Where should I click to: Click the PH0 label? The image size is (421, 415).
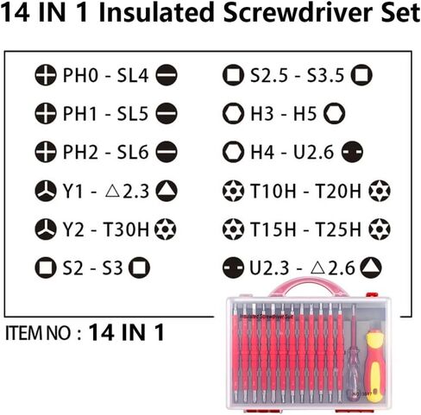(x=80, y=75)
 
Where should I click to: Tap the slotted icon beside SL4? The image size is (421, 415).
(x=167, y=75)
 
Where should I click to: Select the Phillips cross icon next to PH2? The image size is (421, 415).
(x=46, y=152)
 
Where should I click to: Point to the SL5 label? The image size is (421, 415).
(x=133, y=114)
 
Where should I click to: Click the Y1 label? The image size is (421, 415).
(x=72, y=192)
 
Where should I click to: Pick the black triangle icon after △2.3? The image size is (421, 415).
(x=167, y=191)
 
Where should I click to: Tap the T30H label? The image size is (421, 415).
(x=126, y=230)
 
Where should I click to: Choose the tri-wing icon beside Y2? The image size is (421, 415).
(x=46, y=230)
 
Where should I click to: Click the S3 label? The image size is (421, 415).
(x=112, y=268)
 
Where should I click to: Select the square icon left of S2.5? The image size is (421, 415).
(x=233, y=75)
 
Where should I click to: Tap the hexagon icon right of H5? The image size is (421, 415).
(x=334, y=114)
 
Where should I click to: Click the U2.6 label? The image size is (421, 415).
(x=313, y=152)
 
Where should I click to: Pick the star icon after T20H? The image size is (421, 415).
(x=380, y=191)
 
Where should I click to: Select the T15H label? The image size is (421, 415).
(x=273, y=230)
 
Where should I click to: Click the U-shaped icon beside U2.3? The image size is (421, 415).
(x=233, y=268)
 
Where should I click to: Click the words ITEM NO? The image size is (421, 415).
(x=38, y=334)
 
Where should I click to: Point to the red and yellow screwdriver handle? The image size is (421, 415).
(x=374, y=367)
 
